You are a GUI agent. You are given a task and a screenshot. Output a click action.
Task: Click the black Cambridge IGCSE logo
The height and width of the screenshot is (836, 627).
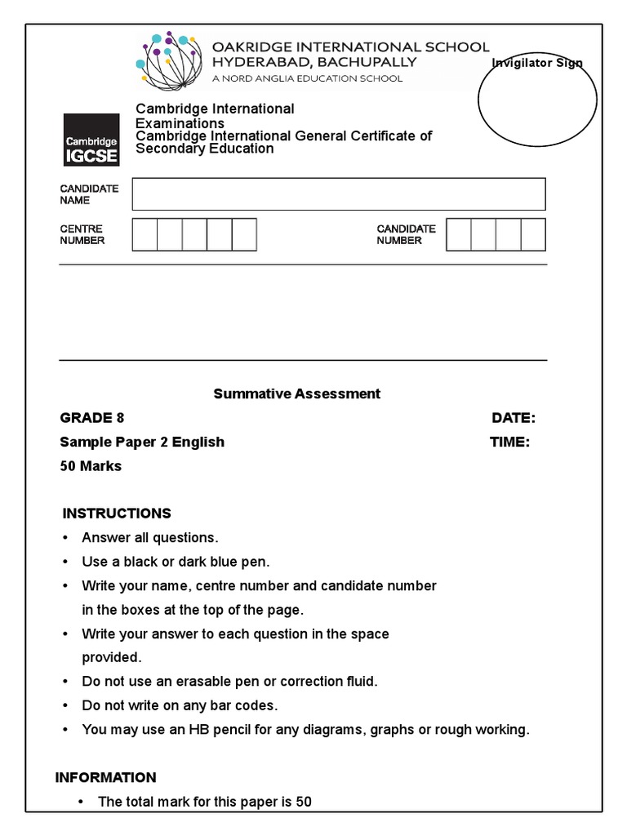(91, 140)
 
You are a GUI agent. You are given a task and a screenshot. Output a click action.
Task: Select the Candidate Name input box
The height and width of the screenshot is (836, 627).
(339, 194)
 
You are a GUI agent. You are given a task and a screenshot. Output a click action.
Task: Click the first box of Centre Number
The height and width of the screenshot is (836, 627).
(145, 235)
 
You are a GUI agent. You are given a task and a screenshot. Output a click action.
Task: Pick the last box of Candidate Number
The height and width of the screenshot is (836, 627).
(533, 235)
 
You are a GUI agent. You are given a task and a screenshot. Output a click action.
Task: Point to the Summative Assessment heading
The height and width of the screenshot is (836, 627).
(297, 394)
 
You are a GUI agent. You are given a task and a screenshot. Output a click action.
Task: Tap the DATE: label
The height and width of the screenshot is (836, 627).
(514, 418)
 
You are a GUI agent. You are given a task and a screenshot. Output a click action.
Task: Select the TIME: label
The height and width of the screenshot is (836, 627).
(509, 442)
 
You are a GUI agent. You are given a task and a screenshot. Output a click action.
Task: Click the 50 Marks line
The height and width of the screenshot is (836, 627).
(91, 466)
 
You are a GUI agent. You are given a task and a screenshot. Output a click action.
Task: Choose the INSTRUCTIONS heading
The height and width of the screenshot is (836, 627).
(117, 514)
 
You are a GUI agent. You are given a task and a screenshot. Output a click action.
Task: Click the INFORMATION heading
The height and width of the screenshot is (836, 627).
(105, 777)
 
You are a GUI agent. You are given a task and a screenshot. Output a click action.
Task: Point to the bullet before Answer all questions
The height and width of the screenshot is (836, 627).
(65, 538)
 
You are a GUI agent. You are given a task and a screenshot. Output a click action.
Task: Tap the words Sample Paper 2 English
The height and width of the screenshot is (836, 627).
(142, 442)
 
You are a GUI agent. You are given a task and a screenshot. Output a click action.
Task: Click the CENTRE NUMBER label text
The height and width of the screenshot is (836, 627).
(82, 235)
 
